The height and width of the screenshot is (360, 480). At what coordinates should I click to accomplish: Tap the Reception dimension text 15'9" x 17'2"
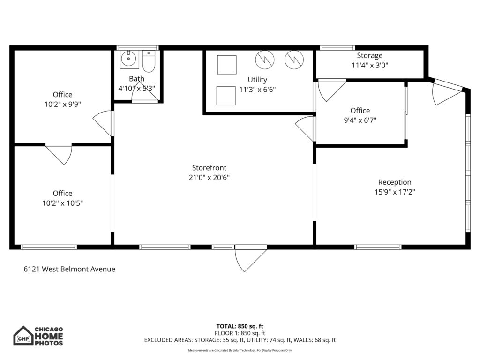pos(395,192)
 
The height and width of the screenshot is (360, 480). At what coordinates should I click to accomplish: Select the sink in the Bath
pos(127,60)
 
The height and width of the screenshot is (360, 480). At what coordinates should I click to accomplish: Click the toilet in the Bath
pos(149,61)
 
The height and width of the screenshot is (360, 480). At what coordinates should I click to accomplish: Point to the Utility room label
pos(257,80)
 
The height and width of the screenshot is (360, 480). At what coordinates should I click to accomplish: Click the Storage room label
pos(369,56)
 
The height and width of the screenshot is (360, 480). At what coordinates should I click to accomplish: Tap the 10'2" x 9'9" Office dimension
pos(62,105)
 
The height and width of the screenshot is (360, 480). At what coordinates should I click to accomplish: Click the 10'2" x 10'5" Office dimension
pos(62,203)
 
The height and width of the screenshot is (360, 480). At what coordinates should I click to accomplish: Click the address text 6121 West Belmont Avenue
pos(69,269)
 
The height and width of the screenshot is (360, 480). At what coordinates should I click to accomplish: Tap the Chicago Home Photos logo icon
pos(23,336)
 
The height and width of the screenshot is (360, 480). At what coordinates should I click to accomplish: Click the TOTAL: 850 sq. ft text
pos(240,326)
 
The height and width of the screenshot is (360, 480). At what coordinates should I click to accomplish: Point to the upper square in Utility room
pos(227,65)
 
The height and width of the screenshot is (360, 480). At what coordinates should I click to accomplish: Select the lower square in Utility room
pos(226,96)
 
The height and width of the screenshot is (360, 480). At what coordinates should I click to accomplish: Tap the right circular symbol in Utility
pos(295,59)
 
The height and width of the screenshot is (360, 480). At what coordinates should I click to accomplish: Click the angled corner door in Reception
pos(447,93)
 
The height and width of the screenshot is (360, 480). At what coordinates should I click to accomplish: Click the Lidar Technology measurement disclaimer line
pos(240,351)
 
